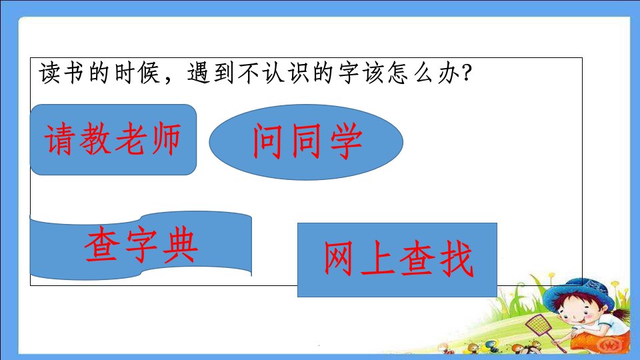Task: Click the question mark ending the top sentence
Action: pyautogui.click(x=466, y=73)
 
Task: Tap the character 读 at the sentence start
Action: pyautogui.click(x=50, y=73)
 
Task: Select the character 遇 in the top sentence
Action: pyautogui.click(x=199, y=73)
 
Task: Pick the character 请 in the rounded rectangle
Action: pyautogui.click(x=60, y=139)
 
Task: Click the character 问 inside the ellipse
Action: pyautogui.click(x=267, y=141)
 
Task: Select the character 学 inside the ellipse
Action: pyautogui.click(x=346, y=141)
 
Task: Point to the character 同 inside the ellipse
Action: pyautogui.click(x=306, y=141)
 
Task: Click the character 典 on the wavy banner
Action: pyautogui.click(x=179, y=245)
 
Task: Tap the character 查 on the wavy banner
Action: pyautogui.click(x=101, y=245)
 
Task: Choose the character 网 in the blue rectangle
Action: pyautogui.click(x=338, y=259)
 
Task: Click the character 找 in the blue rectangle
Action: pyautogui.click(x=456, y=259)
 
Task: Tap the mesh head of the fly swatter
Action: pyautogui.click(x=538, y=325)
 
